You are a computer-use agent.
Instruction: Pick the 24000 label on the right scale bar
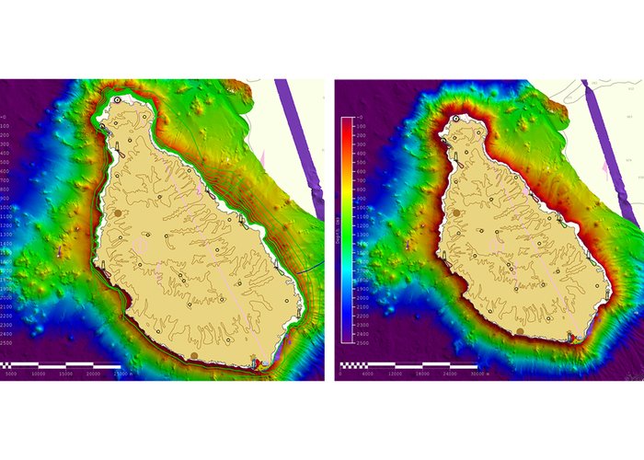click(455, 374)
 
